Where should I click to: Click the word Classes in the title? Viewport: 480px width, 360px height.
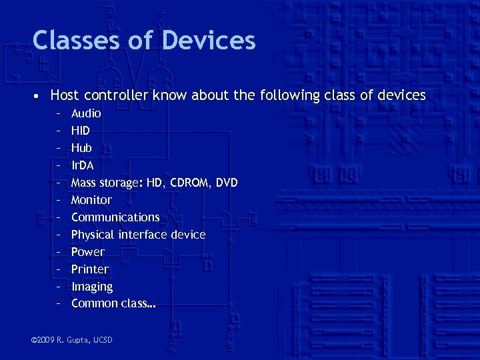click(x=74, y=40)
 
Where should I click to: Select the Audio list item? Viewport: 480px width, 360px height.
click(x=86, y=113)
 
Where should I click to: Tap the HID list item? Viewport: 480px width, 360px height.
click(x=80, y=131)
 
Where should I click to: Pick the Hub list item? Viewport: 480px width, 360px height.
click(x=81, y=148)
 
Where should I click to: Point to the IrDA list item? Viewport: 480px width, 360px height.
click(x=82, y=165)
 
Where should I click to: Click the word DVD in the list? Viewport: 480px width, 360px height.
click(x=227, y=183)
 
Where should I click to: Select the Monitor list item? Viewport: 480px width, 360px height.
click(x=91, y=200)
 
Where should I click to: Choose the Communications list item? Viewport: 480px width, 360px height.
click(x=115, y=217)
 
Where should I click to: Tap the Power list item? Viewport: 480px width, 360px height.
click(x=88, y=252)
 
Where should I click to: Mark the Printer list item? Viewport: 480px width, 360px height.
click(x=90, y=269)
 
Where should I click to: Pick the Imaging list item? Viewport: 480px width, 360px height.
click(x=92, y=287)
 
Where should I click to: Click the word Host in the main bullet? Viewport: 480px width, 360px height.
click(x=64, y=95)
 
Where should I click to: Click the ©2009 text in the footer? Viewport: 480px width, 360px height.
click(x=44, y=341)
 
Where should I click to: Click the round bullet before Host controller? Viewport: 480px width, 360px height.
click(x=39, y=96)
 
